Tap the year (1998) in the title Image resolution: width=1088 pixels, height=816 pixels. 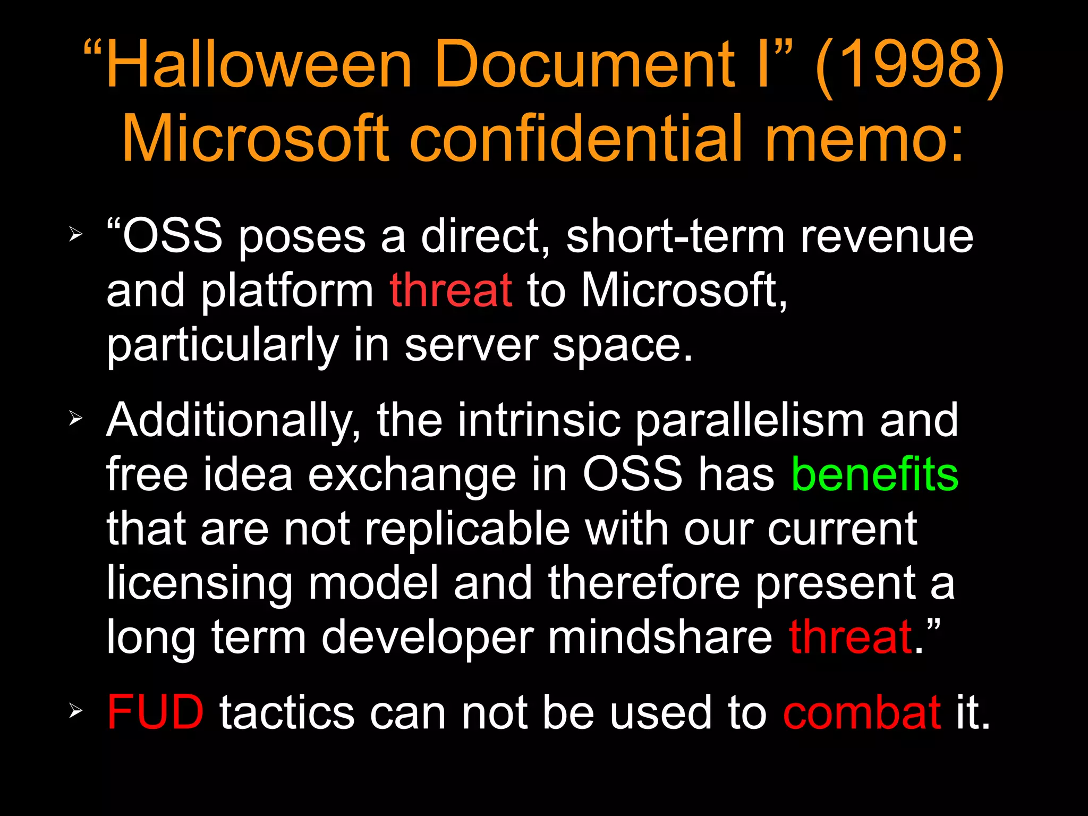click(909, 65)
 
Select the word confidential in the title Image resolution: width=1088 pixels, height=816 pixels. click(576, 139)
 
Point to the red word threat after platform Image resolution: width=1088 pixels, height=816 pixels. click(451, 291)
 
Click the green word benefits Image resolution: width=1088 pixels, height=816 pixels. click(874, 474)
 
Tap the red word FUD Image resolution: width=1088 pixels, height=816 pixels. click(155, 712)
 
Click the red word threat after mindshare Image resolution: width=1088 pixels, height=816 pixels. click(851, 637)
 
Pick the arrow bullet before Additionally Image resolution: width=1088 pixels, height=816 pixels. click(76, 420)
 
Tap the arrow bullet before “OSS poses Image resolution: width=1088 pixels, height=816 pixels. click(76, 234)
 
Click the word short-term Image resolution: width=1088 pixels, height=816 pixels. click(675, 236)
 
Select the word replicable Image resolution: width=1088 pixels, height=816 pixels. click(467, 529)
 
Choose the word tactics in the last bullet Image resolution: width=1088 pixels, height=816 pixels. click(287, 712)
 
